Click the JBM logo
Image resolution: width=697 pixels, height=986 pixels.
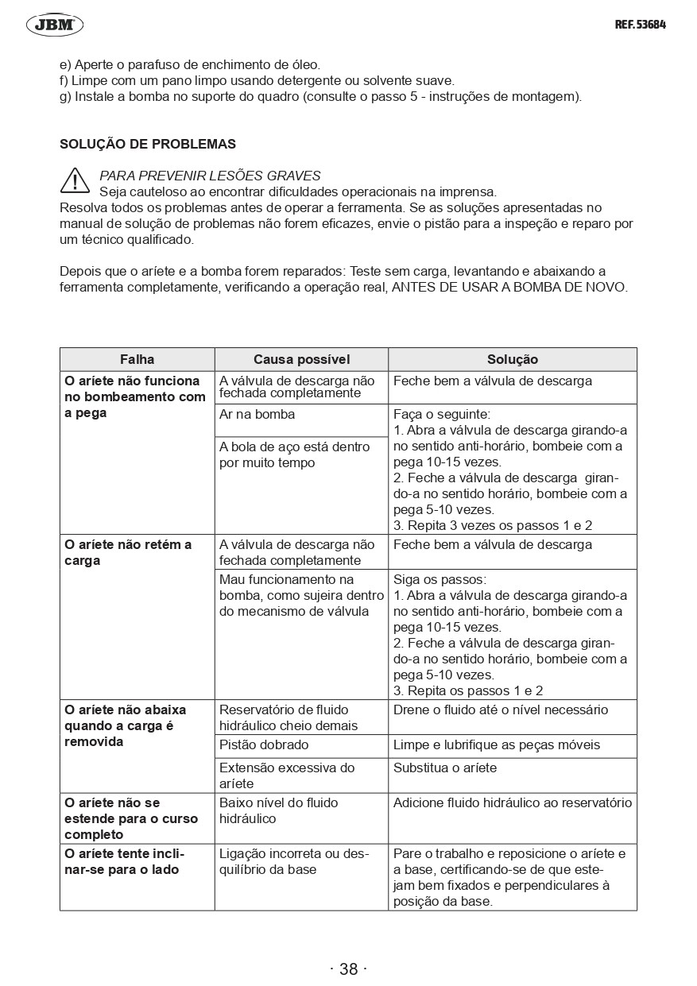[55, 25]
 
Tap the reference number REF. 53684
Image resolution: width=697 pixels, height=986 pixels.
[640, 25]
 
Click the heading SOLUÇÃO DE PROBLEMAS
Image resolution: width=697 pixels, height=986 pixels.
[148, 145]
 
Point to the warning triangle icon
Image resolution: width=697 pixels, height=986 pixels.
[75, 180]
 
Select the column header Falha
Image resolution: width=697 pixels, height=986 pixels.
[137, 360]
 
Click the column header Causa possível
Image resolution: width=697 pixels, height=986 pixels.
[301, 360]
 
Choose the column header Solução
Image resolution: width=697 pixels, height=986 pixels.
[512, 360]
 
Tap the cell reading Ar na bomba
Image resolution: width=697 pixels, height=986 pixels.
[257, 414]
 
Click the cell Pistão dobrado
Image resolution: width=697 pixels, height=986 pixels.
[264, 745]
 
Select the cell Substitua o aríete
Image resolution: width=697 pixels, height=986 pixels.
[445, 768]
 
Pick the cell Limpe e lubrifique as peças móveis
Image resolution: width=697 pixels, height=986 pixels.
[497, 745]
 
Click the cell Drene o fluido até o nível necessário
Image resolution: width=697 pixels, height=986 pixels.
[501, 710]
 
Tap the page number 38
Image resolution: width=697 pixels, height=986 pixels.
[348, 969]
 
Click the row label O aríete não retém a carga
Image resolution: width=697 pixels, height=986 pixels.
[128, 553]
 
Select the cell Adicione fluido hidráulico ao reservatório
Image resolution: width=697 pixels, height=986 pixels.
[513, 803]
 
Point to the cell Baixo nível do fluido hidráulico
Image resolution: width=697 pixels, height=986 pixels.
[278, 810]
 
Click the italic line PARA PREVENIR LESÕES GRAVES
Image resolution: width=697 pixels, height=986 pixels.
[210, 176]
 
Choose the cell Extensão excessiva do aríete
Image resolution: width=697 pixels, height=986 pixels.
[287, 775]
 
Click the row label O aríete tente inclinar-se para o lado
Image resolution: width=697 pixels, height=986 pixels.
[124, 861]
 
